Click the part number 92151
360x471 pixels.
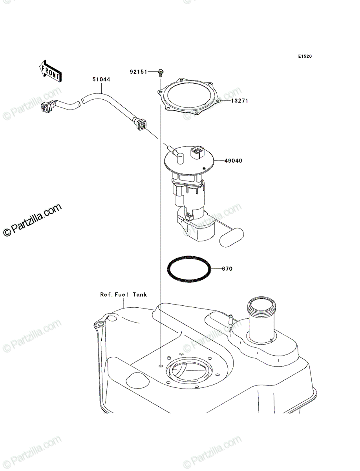tap(138, 72)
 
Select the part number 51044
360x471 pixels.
tap(101, 79)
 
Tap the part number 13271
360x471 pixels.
tap(239, 100)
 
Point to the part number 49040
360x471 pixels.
tap(233, 161)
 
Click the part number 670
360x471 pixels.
tap(227, 268)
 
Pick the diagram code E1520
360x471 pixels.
tap(305, 57)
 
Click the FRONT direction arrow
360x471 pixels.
tap(50, 71)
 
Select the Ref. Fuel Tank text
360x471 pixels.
tap(124, 295)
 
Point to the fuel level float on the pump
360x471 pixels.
tap(232, 237)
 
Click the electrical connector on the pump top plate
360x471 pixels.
tap(197, 152)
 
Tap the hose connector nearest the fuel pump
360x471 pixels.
tap(140, 124)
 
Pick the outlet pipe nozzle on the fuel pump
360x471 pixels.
tap(175, 153)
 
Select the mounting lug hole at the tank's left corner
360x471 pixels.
tap(100, 326)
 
